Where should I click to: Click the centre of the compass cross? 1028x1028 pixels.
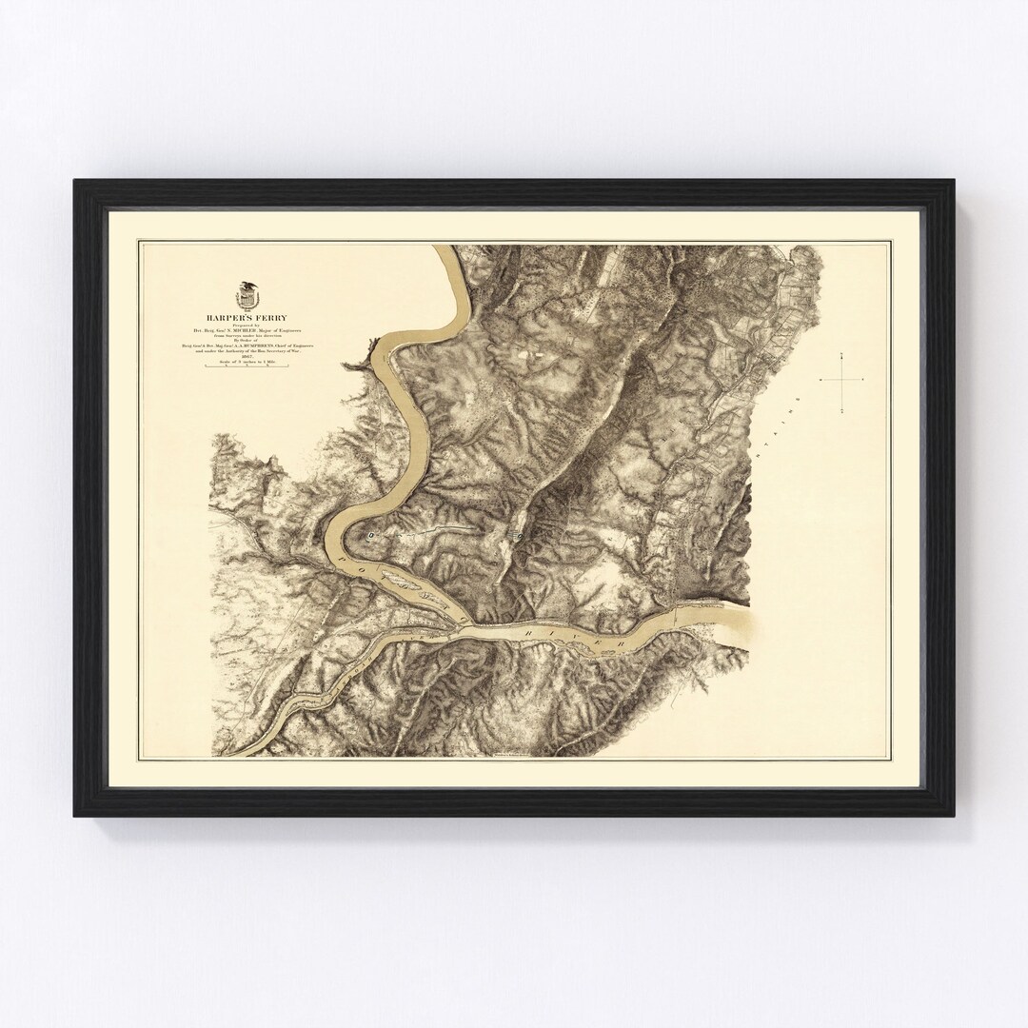pyautogui.click(x=843, y=379)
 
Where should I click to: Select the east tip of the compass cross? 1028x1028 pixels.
pyautogui.click(x=862, y=379)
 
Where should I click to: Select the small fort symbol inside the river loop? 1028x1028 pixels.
pyautogui.click(x=372, y=537)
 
